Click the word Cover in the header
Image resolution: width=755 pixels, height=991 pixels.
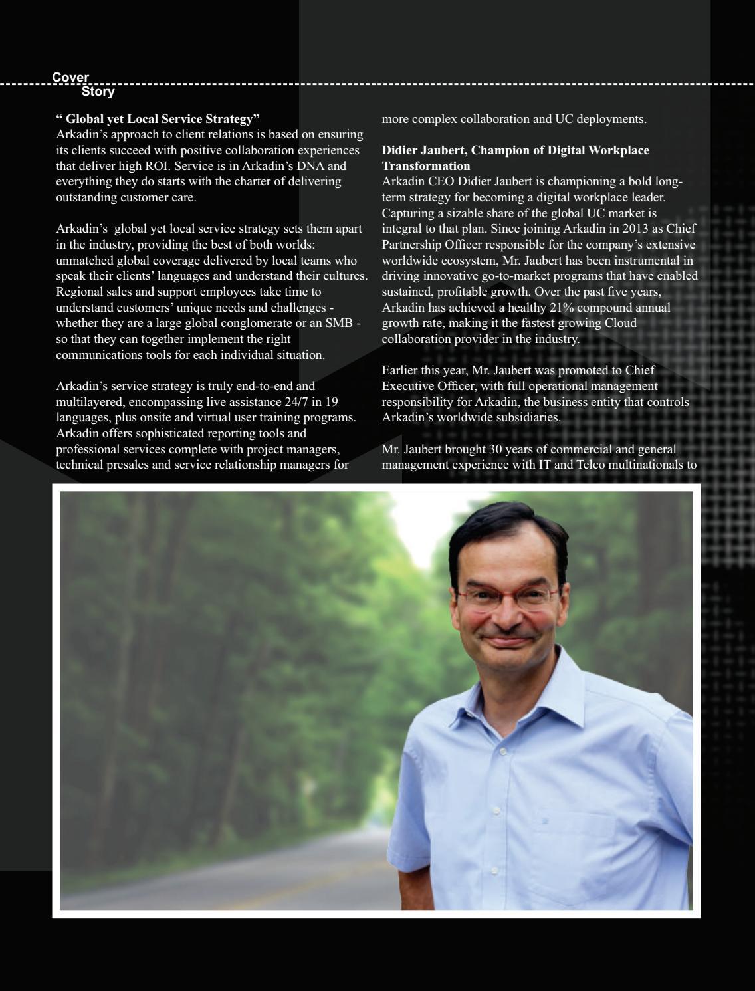coord(70,78)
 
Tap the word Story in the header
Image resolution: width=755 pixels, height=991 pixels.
coord(98,92)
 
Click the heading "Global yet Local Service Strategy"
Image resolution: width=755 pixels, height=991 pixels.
coord(158,119)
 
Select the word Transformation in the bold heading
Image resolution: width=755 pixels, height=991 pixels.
coord(425,166)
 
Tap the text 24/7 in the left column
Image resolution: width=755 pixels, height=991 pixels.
coord(298,402)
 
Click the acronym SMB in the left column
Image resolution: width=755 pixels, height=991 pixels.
coord(338,323)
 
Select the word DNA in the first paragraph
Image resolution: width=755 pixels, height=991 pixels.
coord(311,166)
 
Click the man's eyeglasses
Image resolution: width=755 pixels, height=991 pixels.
coord(507,595)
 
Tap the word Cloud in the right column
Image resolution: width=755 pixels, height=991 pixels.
coord(621,323)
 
